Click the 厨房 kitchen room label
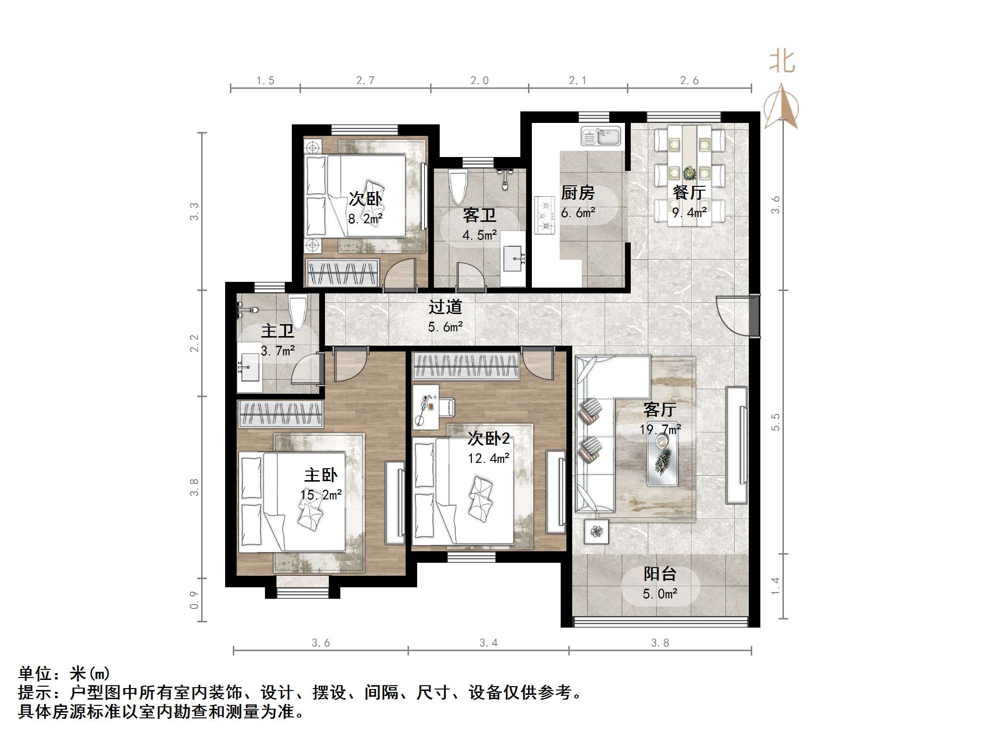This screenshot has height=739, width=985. point(577,193)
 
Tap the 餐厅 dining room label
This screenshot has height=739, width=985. point(689,193)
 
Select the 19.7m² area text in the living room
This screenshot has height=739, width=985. point(660,429)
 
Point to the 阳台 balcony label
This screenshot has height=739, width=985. point(660,574)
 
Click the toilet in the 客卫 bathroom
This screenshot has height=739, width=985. point(457,187)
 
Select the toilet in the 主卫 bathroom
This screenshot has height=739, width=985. point(297,312)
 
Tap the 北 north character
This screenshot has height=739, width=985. point(782,62)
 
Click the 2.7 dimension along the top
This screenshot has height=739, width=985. point(365,81)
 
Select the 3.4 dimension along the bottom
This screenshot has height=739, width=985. point(489,642)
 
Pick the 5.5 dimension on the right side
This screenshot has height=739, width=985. point(775,422)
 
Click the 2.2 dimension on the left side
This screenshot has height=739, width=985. point(194,343)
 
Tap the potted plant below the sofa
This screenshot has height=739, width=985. point(596,532)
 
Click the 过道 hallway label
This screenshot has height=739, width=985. point(445,307)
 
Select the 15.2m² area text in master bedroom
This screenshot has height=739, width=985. point(321,495)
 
